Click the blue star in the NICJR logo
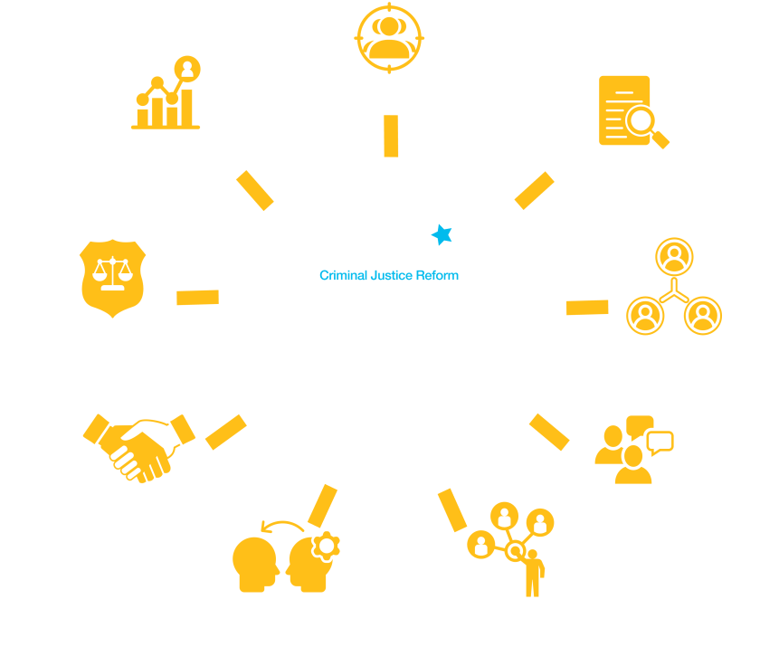coord(441,235)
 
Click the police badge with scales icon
coord(112,276)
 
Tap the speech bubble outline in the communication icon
coord(660,442)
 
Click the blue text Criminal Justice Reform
coord(388,275)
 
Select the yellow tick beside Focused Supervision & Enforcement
coord(197,297)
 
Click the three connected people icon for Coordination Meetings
coord(673,288)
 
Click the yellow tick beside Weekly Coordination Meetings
coord(586,307)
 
